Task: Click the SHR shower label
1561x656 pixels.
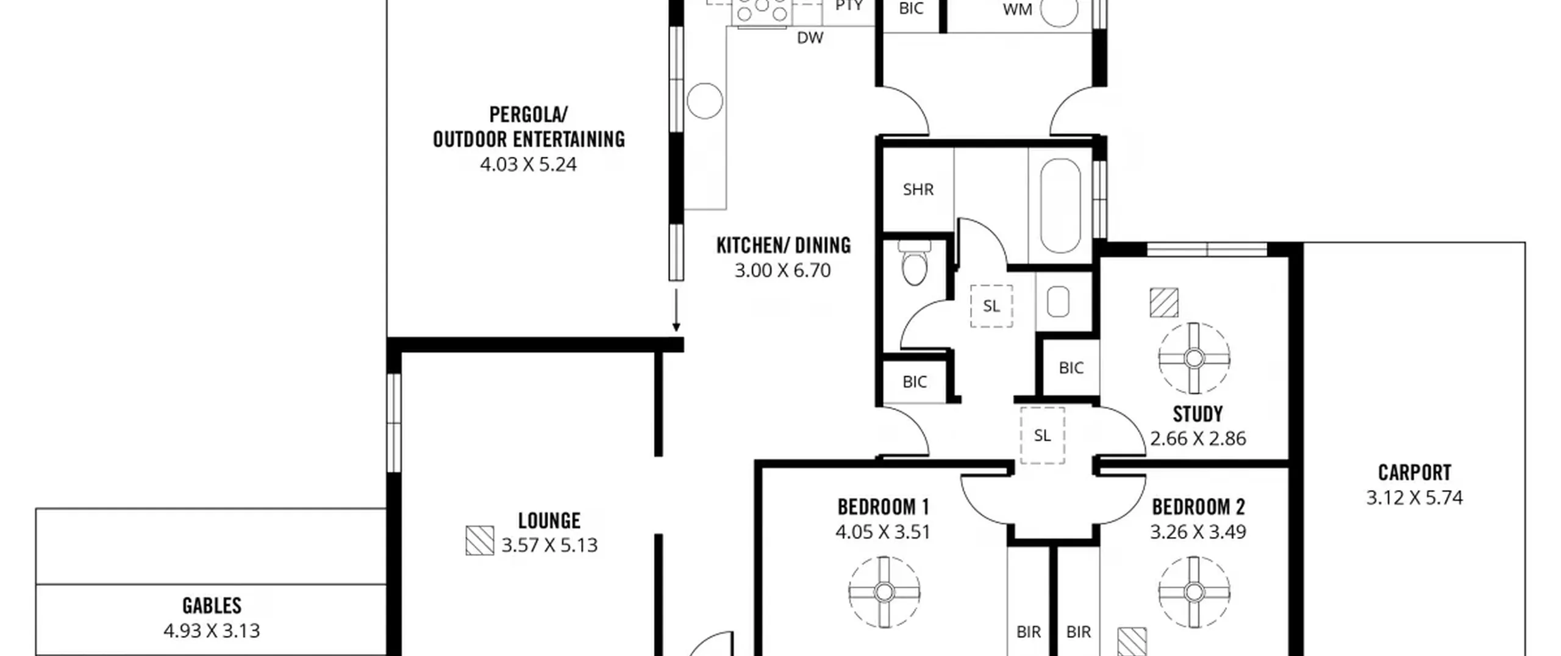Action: [x=918, y=189]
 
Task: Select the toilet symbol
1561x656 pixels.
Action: [x=914, y=263]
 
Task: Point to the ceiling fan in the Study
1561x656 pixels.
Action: [x=1194, y=358]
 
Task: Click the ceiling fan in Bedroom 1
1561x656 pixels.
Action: [x=884, y=591]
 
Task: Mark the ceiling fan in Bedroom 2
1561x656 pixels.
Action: [x=1194, y=591]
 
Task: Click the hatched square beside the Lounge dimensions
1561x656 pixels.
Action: [x=480, y=541]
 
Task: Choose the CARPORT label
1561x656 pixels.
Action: [x=1415, y=473]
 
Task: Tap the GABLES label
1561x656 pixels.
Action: [x=212, y=605]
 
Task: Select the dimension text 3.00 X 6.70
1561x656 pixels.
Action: [x=782, y=270]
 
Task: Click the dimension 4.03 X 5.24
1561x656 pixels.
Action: [x=528, y=164]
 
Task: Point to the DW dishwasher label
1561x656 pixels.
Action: [x=810, y=38]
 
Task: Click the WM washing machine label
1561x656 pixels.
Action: [x=1017, y=10]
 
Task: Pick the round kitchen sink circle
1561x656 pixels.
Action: [x=704, y=101]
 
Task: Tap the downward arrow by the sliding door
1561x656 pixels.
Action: [x=676, y=311]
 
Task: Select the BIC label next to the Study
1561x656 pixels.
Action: [x=1071, y=368]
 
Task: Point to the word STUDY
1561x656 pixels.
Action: [x=1198, y=414]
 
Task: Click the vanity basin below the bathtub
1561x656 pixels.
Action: [x=1058, y=301]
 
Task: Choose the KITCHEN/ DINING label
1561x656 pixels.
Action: [x=784, y=245]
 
